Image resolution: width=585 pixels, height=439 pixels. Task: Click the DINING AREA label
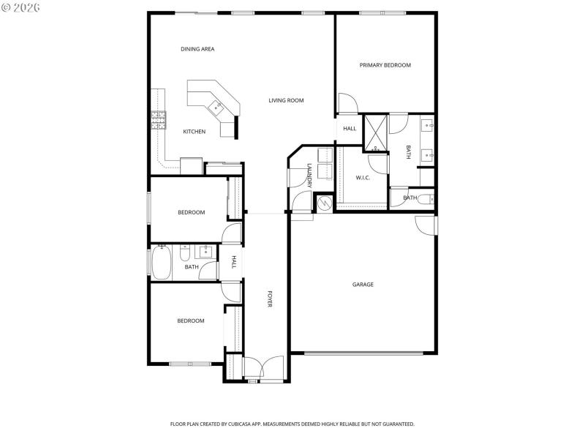click(x=197, y=49)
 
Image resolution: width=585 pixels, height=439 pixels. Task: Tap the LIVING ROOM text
click(x=286, y=100)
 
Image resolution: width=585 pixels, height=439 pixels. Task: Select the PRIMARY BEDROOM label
click(x=385, y=65)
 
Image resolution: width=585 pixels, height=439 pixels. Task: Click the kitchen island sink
click(x=216, y=108)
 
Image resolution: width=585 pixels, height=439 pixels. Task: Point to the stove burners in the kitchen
click(x=158, y=120)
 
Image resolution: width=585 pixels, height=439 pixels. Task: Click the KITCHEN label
click(x=194, y=132)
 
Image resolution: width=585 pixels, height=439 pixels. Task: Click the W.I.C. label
click(x=363, y=177)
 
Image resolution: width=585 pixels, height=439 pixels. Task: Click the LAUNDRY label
click(x=310, y=176)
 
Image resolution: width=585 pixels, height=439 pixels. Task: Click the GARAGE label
click(x=363, y=285)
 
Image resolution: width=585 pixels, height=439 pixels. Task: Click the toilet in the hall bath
click(x=185, y=254)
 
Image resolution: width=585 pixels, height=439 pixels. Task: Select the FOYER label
click(x=269, y=299)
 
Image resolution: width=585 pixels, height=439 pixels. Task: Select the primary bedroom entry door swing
click(x=349, y=104)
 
